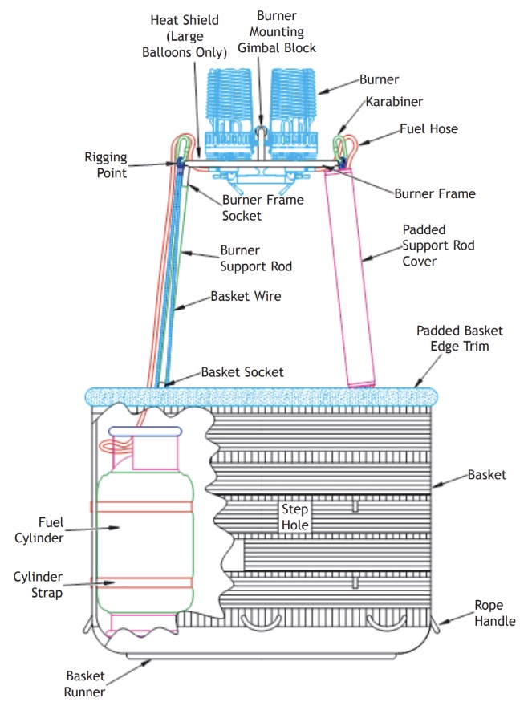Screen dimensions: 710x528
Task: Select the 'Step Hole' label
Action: (x=294, y=517)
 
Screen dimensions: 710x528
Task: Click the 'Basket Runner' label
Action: (x=85, y=683)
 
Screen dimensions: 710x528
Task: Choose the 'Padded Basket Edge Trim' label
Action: (x=460, y=338)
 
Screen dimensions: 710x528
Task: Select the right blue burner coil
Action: (x=294, y=100)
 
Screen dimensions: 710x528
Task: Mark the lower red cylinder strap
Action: (x=144, y=582)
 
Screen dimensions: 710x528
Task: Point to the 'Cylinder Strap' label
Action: (x=39, y=583)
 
